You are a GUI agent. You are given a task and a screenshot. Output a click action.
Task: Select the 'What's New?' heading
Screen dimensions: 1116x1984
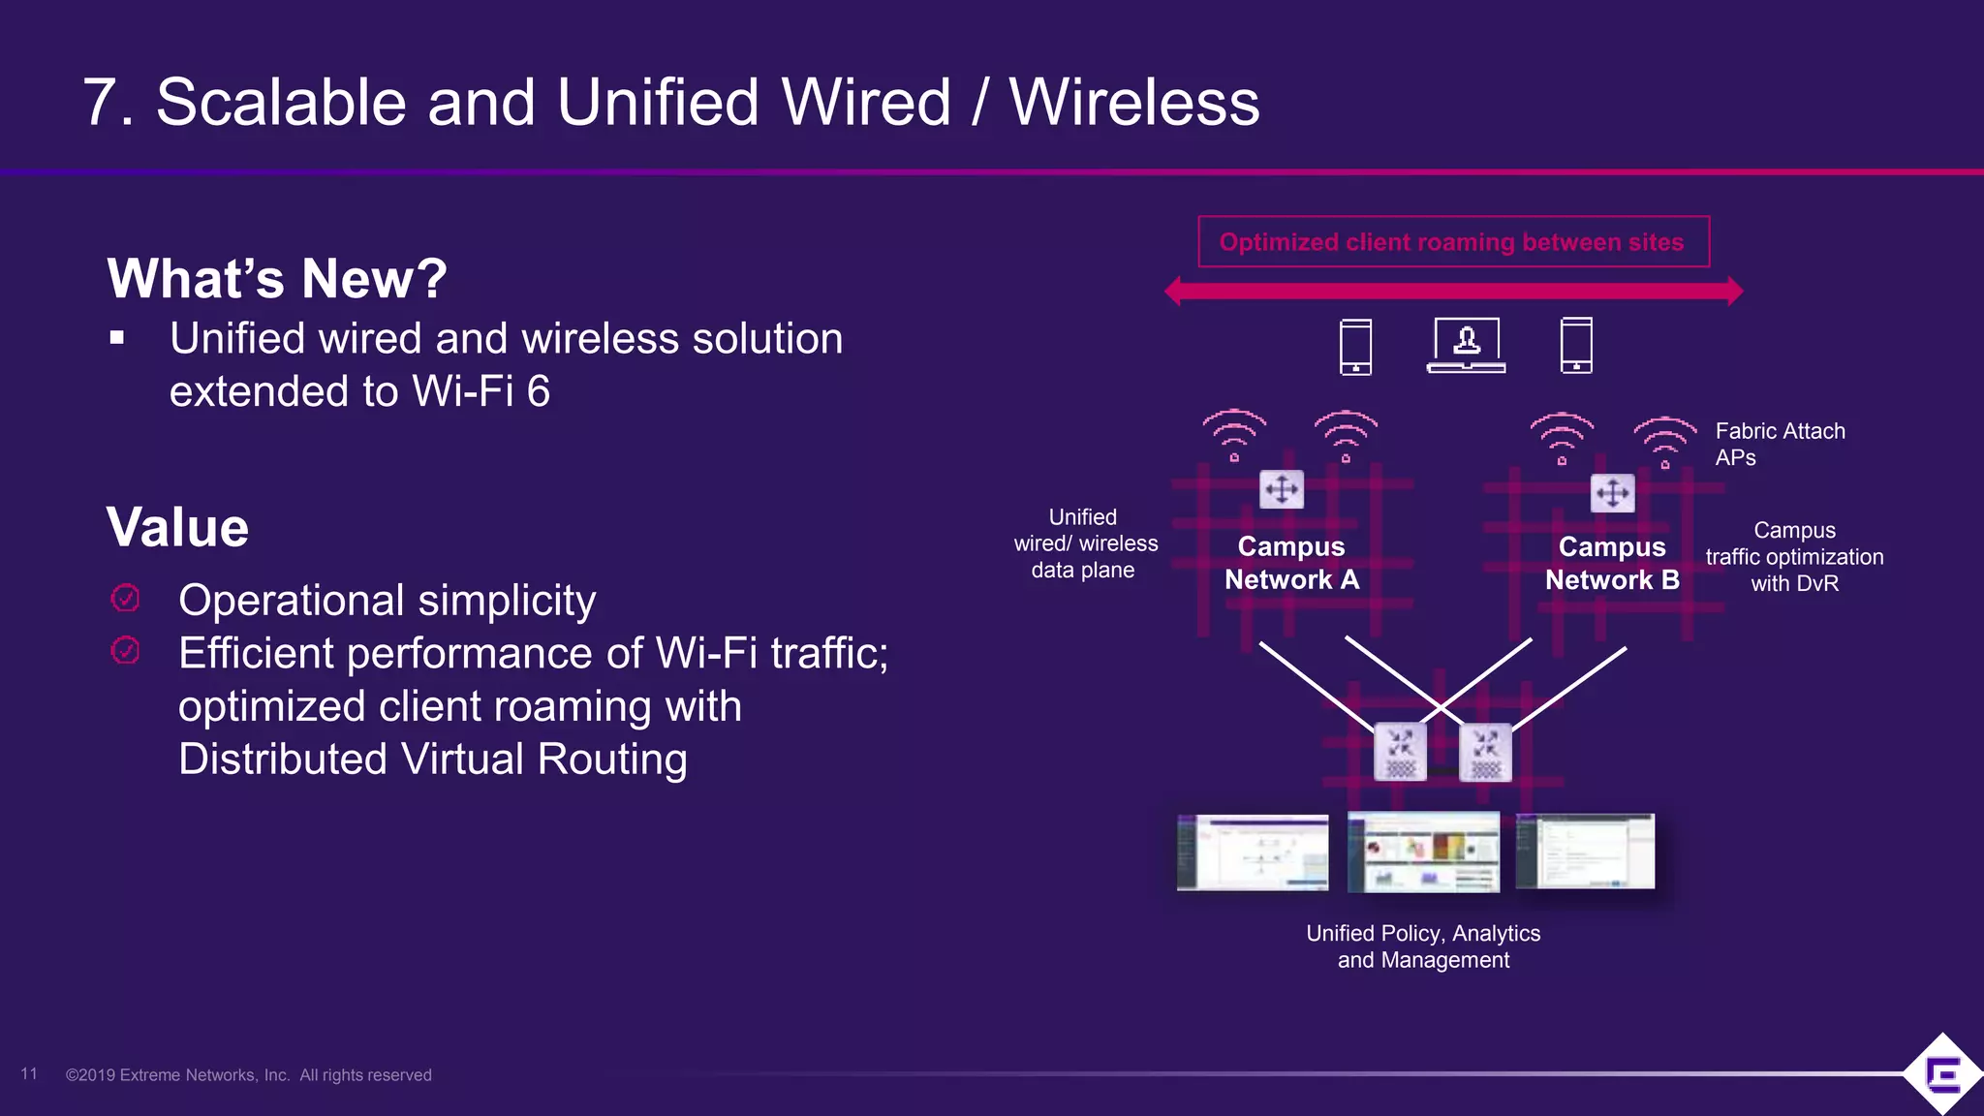277,279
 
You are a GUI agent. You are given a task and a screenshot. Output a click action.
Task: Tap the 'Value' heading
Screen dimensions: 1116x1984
177,528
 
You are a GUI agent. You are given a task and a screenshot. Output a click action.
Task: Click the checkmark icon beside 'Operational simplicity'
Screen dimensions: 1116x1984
126,599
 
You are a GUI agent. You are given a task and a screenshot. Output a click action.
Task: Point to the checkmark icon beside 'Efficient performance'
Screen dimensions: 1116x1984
126,650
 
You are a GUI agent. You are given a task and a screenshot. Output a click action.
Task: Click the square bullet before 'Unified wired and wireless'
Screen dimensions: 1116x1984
117,338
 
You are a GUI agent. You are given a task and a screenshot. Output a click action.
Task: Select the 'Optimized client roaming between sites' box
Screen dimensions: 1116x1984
1453,242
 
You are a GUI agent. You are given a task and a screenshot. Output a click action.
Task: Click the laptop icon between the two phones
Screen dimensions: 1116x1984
1466,345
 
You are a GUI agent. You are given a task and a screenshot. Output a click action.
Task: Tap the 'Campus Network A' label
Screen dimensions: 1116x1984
1291,563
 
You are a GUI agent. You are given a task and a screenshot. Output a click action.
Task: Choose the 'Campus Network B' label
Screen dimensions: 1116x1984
1612,563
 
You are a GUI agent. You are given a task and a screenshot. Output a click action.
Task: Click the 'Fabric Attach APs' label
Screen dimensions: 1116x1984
1780,444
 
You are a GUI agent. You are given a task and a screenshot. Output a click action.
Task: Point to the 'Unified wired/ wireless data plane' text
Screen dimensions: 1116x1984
1085,543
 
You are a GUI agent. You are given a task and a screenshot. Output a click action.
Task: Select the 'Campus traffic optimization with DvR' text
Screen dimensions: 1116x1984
1794,557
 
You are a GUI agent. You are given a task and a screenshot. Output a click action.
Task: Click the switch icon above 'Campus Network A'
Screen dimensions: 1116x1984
1282,489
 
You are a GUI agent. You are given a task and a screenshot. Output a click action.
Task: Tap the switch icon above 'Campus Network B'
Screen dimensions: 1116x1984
1613,493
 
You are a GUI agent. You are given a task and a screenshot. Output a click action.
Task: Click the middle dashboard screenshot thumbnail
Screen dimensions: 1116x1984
1423,852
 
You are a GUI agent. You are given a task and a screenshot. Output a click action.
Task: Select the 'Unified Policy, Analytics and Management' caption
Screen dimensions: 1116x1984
1423,946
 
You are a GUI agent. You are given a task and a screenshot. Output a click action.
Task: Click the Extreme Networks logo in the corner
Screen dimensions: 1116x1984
1942,1073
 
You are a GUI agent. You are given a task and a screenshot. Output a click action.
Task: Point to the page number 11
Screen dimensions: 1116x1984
29,1073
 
